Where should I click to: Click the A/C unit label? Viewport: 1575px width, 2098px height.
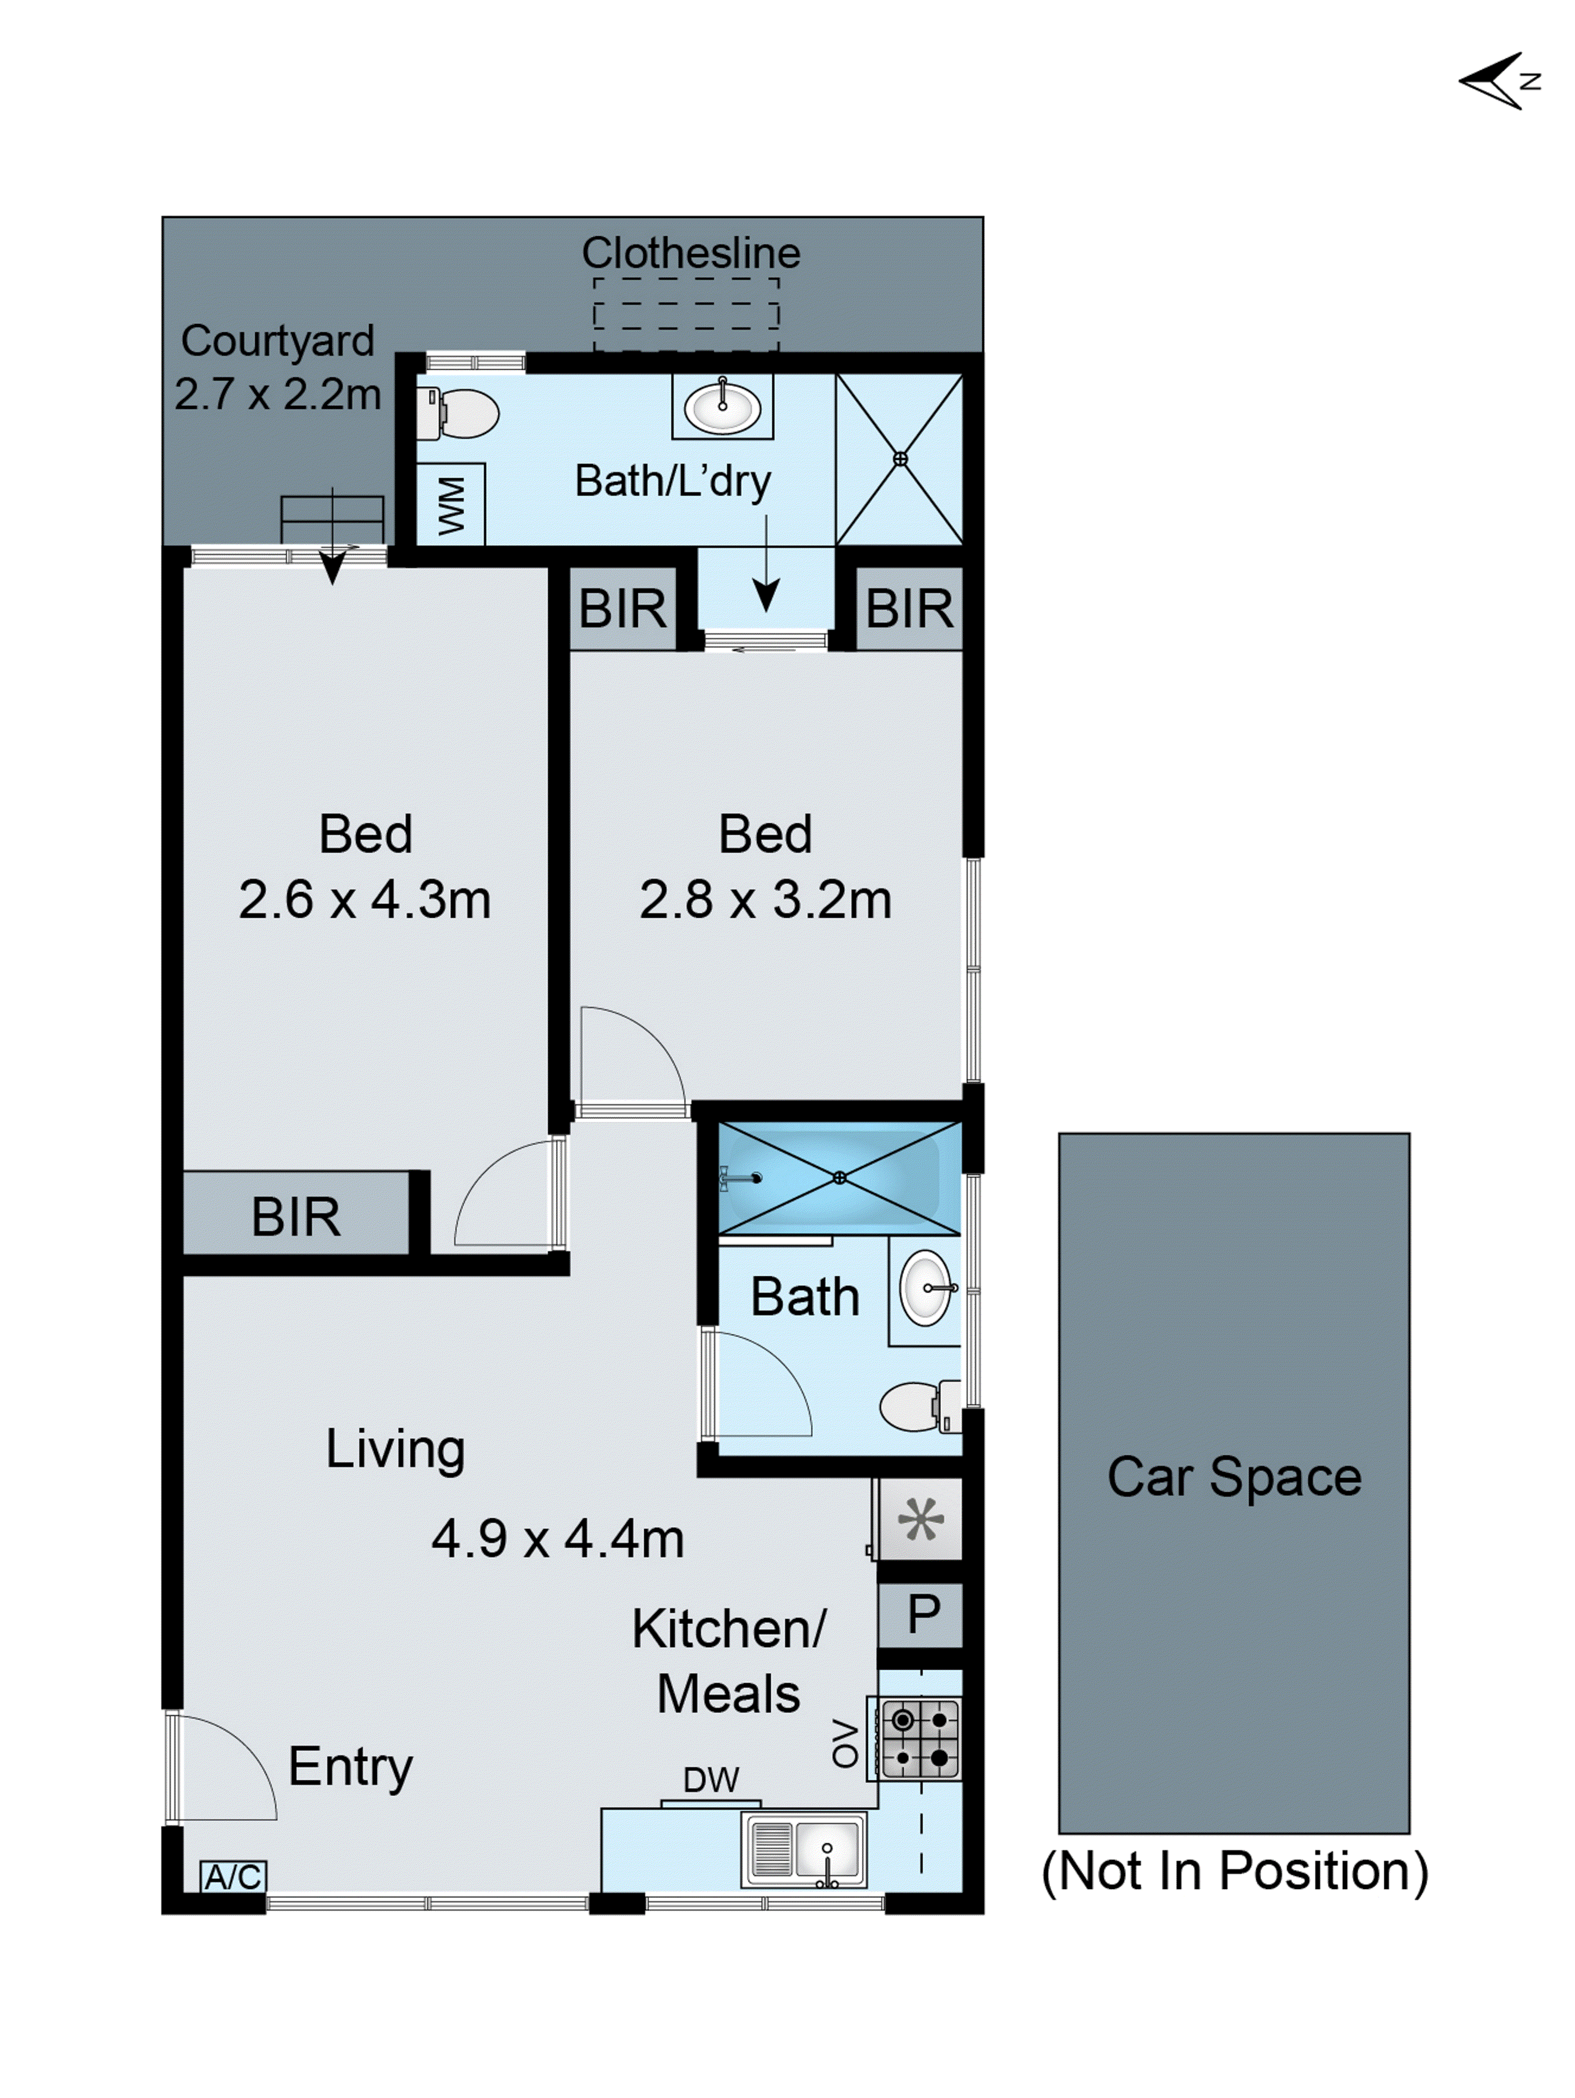(x=233, y=1876)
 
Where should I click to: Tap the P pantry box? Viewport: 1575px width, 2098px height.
(x=922, y=1614)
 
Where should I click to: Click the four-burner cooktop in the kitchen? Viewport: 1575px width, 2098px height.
(x=920, y=1738)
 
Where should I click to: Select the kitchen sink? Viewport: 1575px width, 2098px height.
(x=804, y=1850)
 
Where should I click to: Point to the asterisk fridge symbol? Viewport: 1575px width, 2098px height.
(x=920, y=1519)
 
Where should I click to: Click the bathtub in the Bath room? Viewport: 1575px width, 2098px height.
(x=838, y=1177)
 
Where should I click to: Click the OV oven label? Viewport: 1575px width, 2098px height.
(x=844, y=1743)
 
